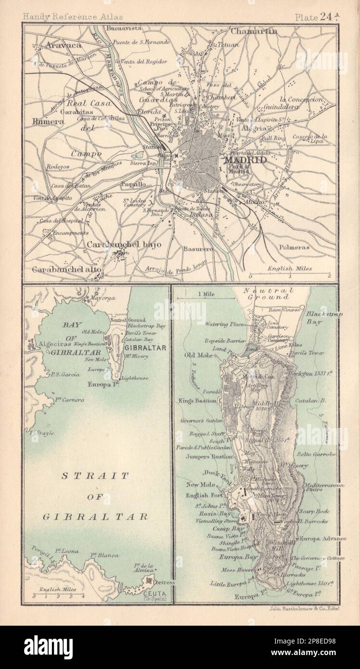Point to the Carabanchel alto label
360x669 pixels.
[67, 270]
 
